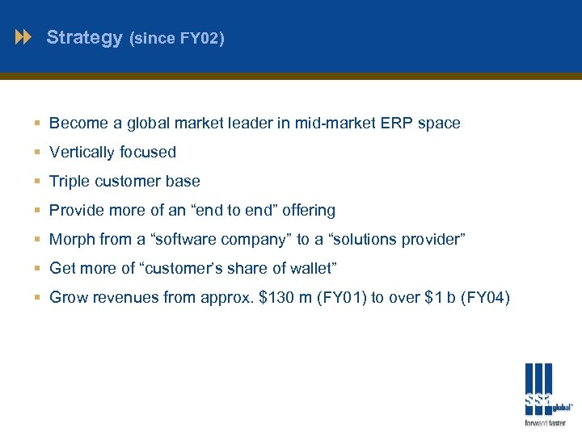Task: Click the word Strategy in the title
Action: point(84,37)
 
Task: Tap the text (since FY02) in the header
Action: point(176,38)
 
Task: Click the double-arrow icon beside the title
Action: point(24,37)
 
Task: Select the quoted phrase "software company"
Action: point(217,239)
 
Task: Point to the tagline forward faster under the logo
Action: point(546,422)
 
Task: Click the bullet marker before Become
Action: point(38,124)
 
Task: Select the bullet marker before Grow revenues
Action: point(38,298)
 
